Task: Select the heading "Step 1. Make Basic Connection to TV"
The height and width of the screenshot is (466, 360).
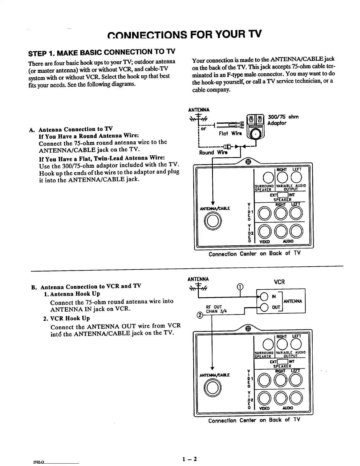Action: click(x=101, y=53)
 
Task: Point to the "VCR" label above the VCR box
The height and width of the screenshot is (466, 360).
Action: click(x=279, y=282)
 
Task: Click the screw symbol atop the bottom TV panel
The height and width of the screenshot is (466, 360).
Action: click(x=248, y=328)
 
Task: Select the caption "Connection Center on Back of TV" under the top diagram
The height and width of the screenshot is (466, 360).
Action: click(x=254, y=254)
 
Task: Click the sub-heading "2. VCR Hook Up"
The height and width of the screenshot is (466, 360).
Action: click(x=66, y=318)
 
